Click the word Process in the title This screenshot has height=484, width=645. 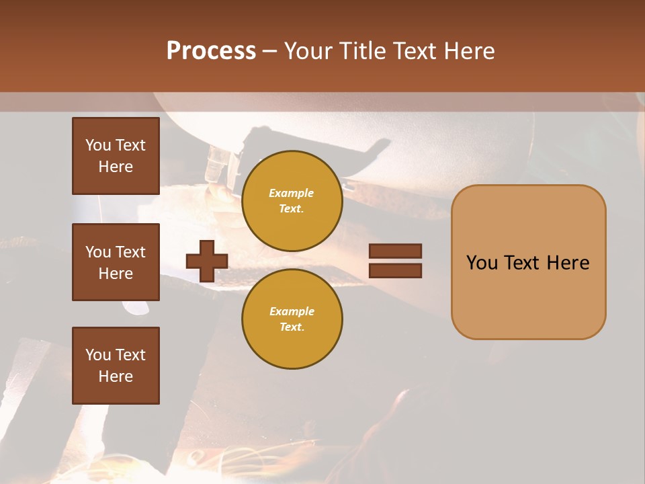point(211,51)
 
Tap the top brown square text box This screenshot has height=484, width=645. point(116,156)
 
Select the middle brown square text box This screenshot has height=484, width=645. point(116,262)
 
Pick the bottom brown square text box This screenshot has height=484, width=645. point(116,366)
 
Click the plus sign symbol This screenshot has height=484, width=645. point(206,261)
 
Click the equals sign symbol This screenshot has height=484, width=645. point(395,261)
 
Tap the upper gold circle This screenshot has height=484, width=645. point(292,201)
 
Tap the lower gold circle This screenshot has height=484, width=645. point(292,319)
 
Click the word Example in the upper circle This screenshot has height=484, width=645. point(291,193)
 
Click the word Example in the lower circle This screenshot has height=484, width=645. point(292,311)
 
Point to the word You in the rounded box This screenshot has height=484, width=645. point(482,263)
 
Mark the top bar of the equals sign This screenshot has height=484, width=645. point(395,251)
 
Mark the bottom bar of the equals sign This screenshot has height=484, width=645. point(395,271)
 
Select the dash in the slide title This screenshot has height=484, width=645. point(270,52)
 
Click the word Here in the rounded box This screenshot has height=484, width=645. point(568,263)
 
